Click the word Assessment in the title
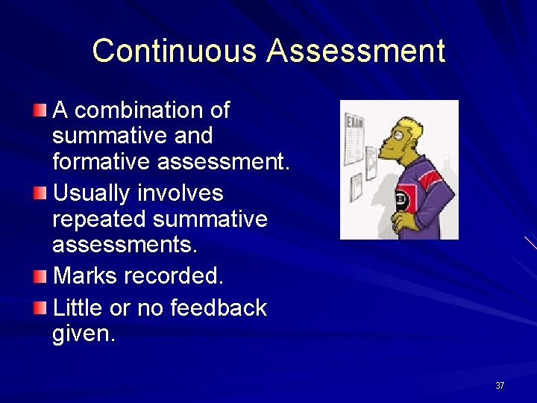pos(356,51)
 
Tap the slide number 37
pos(500,386)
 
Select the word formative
pos(98,160)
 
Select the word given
pos(84,334)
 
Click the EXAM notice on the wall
pos(354,138)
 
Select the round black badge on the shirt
pos(400,199)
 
